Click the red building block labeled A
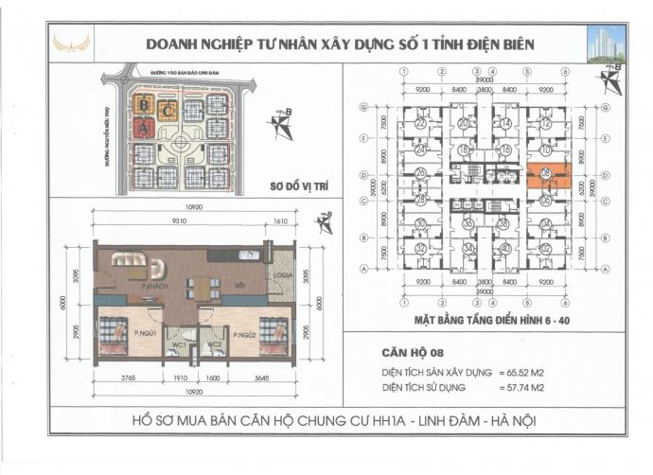coord(144,127)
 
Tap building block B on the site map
coord(144,103)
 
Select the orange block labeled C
coord(167,108)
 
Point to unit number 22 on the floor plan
coord(420,124)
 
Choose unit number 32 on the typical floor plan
coord(420,248)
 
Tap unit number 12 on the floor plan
coord(547,124)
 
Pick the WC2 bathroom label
coord(215,343)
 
